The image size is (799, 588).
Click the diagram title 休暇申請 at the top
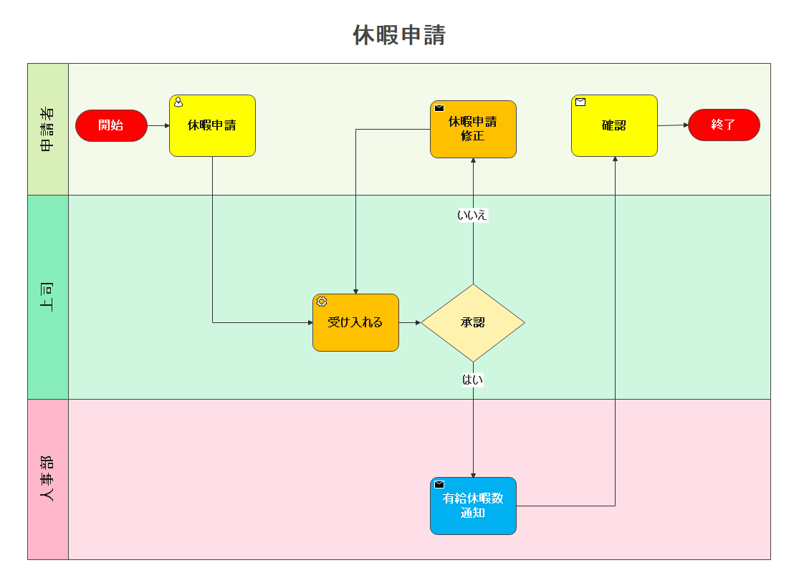point(399,35)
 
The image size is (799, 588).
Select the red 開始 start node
point(111,125)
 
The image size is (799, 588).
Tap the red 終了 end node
point(724,125)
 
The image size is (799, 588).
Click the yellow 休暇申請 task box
point(212,125)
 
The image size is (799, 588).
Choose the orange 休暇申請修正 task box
point(473,129)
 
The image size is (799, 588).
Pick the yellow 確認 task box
point(614,125)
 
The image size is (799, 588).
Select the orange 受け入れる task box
point(355,322)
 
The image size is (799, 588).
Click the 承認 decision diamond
point(473,322)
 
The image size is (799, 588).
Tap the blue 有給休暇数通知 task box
point(473,506)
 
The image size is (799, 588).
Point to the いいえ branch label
point(473,215)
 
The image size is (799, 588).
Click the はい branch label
point(473,380)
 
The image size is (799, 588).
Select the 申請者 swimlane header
point(48,129)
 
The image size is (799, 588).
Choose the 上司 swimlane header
point(48,297)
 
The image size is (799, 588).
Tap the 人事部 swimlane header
point(48,478)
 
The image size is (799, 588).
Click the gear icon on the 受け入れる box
point(322,302)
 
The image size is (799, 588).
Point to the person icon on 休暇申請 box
point(178,102)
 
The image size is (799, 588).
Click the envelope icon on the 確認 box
point(580,102)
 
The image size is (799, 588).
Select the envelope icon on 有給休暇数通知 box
point(439,485)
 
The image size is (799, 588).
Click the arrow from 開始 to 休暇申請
point(158,125)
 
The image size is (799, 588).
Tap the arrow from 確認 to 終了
point(673,125)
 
